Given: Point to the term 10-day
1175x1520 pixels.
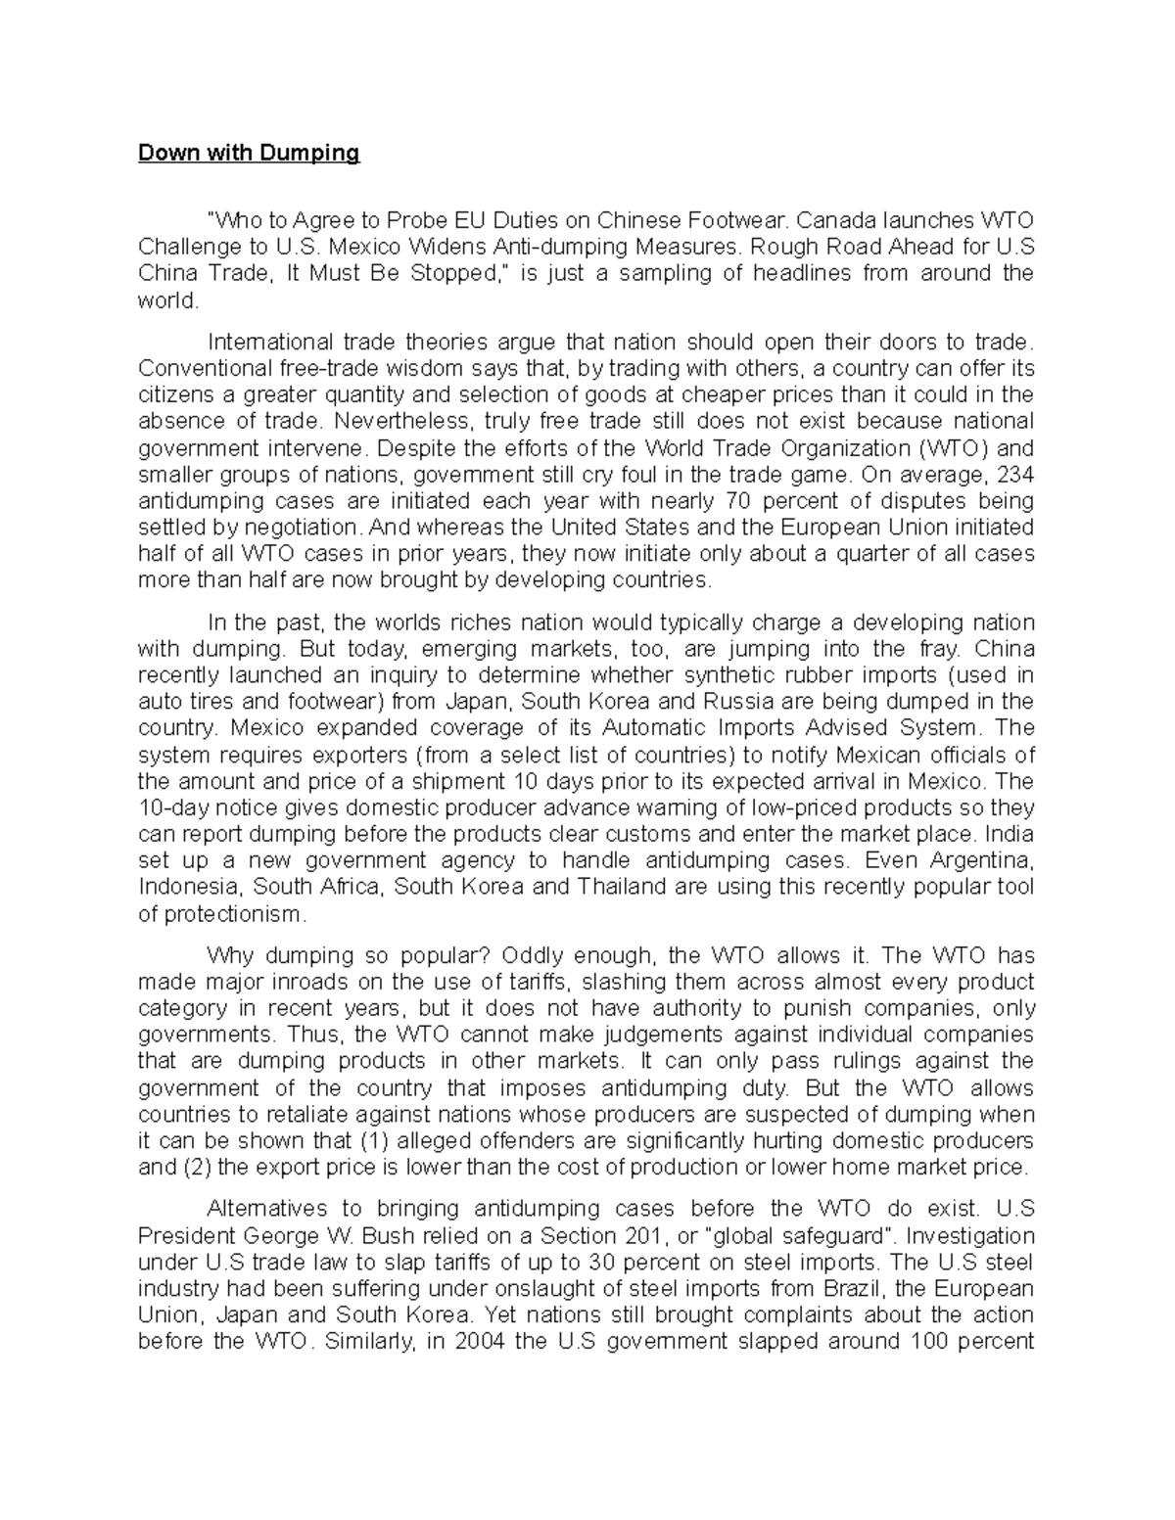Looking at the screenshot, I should click(x=168, y=807).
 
